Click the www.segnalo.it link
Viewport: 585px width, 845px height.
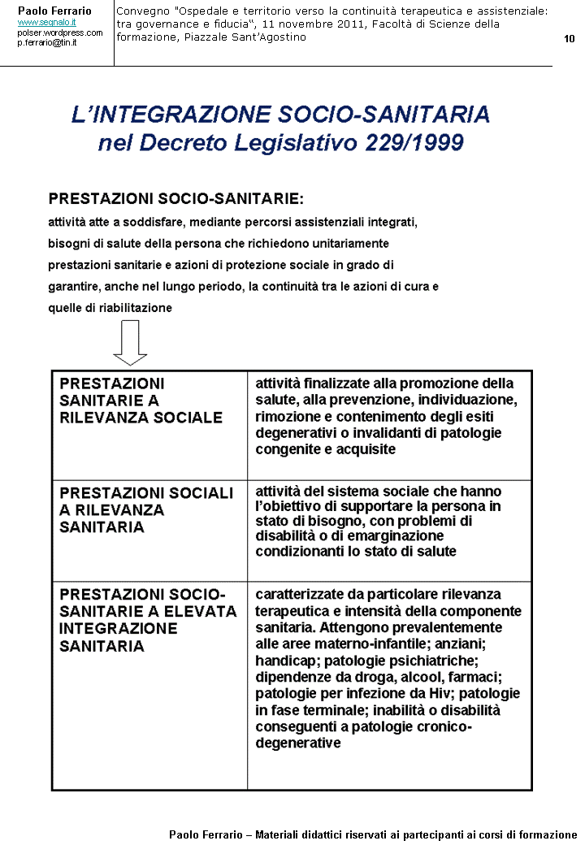(46, 23)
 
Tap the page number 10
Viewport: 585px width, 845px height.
(569, 39)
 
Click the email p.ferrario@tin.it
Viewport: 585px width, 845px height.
(47, 42)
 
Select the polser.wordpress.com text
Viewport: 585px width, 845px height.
(60, 32)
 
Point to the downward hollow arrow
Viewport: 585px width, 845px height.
(130, 342)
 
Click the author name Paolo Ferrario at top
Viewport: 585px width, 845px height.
(55, 11)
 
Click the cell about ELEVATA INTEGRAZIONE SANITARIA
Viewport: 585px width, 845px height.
(148, 620)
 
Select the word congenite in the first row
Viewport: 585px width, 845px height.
(285, 448)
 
